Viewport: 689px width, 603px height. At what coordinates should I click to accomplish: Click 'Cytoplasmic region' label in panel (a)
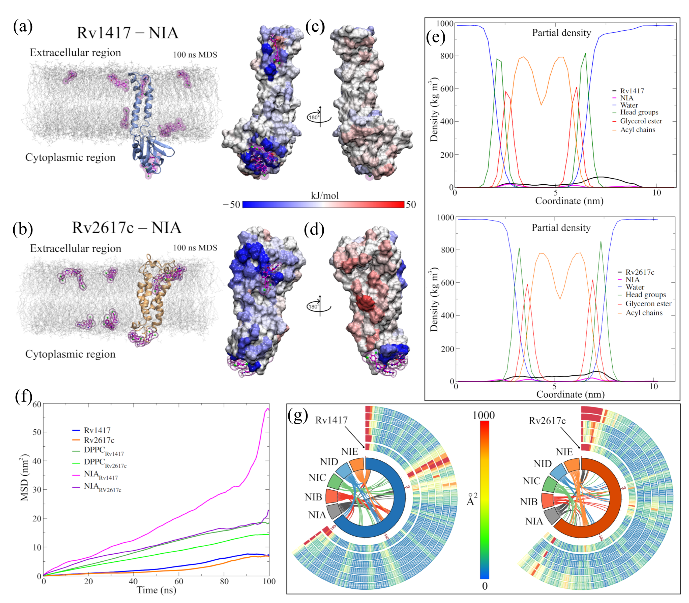(x=70, y=157)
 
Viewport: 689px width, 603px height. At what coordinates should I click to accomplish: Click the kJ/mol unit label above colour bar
(x=325, y=195)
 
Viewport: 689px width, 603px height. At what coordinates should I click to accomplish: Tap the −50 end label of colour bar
(x=232, y=205)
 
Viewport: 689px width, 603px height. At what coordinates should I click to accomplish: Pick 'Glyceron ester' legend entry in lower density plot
(x=648, y=304)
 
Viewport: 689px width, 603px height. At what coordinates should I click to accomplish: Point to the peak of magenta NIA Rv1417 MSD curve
(x=268, y=409)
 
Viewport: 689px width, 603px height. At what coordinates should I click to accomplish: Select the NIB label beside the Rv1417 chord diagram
(x=313, y=497)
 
